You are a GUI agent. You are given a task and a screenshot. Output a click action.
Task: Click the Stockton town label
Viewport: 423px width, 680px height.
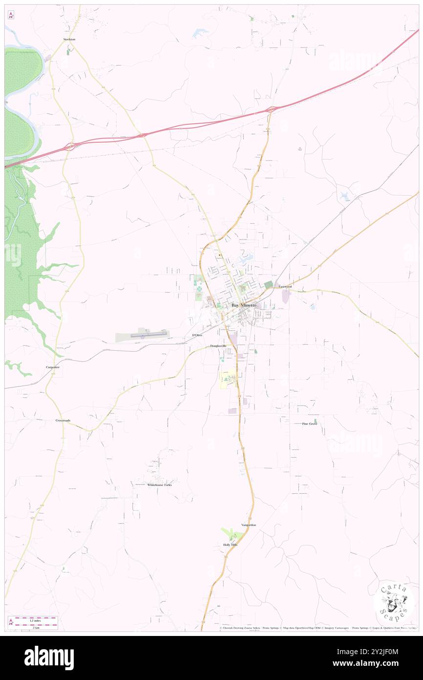click(69, 39)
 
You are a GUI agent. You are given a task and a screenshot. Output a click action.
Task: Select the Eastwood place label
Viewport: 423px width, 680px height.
click(285, 287)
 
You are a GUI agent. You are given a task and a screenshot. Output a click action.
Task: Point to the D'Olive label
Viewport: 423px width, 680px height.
click(197, 335)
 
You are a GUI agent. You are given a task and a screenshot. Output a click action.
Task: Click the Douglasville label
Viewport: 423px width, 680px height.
click(218, 346)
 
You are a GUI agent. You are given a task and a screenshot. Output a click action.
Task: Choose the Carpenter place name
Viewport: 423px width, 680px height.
click(53, 367)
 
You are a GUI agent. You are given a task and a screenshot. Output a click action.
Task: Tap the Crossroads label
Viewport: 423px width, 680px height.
click(63, 420)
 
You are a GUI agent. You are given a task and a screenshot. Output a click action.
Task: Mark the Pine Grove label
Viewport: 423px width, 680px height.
click(309, 424)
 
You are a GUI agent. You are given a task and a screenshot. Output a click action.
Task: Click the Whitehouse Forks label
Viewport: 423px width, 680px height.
click(160, 485)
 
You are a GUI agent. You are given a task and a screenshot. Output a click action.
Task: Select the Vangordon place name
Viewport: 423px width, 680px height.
click(248, 525)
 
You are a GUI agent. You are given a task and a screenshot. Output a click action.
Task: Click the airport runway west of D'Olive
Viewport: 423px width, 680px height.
click(149, 335)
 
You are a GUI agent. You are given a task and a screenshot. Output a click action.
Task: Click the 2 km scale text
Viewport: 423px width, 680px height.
click(35, 627)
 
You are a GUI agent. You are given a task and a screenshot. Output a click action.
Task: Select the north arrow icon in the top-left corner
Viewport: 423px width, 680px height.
click(11, 16)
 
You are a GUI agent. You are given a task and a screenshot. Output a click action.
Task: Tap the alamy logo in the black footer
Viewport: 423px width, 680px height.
click(49, 658)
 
